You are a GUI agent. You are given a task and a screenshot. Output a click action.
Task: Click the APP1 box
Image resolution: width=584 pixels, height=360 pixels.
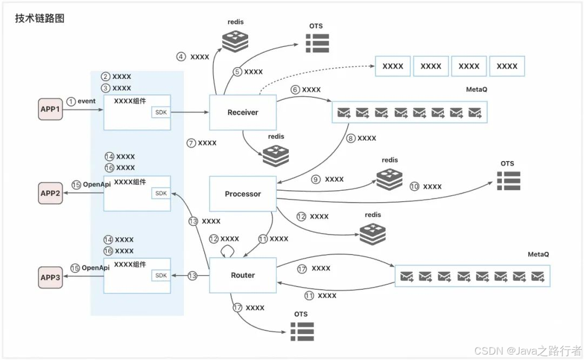[x=50, y=109]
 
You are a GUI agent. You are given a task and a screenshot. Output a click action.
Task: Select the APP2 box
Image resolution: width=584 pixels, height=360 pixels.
[x=50, y=193]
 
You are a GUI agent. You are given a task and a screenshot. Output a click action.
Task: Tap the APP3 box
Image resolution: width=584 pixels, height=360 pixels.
[x=50, y=277]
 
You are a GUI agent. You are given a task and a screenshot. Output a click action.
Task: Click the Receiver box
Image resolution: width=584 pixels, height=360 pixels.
[x=243, y=112]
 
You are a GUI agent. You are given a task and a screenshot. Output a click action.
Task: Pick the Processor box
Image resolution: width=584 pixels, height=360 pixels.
[x=243, y=194]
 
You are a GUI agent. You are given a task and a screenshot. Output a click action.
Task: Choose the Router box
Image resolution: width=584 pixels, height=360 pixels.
[x=243, y=275]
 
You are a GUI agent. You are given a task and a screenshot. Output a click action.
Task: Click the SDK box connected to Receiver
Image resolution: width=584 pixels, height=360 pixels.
[x=161, y=112]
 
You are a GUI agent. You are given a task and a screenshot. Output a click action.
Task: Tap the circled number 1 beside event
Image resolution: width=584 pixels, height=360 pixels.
[x=71, y=101]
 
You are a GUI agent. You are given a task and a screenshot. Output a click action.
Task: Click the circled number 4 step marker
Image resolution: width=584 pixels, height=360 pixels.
[x=181, y=57]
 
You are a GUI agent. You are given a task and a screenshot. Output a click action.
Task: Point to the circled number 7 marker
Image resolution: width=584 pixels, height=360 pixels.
[x=191, y=143]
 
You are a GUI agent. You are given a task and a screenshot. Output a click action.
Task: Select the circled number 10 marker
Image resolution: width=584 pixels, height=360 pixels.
[x=415, y=186]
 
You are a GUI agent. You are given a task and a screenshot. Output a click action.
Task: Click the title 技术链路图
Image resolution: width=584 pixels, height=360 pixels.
[x=40, y=18]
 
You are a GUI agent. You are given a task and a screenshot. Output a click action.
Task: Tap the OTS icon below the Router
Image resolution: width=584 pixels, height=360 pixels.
[x=302, y=331]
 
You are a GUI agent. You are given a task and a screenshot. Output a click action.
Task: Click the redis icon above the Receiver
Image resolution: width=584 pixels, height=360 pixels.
[x=235, y=41]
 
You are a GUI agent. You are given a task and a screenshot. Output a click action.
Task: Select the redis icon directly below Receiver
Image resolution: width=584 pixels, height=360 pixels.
[x=276, y=156]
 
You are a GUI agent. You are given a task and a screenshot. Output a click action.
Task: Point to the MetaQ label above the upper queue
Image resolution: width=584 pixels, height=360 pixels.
[x=476, y=89]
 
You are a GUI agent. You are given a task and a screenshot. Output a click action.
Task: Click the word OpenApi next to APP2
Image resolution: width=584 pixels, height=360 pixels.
[x=97, y=184]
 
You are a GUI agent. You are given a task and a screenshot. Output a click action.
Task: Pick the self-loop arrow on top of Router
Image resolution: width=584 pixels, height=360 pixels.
[x=228, y=251]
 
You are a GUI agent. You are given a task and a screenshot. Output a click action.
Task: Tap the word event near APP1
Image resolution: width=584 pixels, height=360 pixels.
[x=87, y=101]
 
